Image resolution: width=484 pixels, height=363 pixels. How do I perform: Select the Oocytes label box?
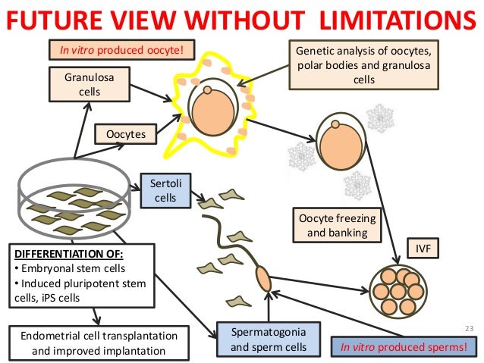(125, 136)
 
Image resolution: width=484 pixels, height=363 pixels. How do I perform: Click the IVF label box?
(422, 249)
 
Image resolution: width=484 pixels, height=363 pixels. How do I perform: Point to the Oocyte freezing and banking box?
(336, 226)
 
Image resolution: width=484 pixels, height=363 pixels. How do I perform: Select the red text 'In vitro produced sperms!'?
(403, 348)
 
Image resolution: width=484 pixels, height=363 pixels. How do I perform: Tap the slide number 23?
(467, 328)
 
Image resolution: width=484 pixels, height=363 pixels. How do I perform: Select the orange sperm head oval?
(262, 279)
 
